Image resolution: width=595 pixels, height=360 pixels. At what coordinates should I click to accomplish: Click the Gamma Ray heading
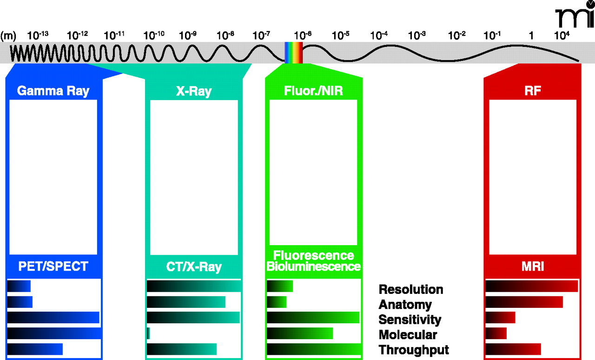[53, 90]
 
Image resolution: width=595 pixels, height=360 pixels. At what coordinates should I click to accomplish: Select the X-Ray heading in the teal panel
[193, 91]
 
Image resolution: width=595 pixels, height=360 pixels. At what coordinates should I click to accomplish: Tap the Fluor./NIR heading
[313, 90]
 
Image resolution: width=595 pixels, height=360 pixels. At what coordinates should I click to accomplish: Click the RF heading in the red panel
[532, 91]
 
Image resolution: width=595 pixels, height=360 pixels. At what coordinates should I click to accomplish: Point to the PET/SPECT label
[53, 267]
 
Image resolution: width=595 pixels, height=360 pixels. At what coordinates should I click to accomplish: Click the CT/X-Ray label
[194, 267]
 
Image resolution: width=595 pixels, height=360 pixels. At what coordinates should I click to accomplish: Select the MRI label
[532, 267]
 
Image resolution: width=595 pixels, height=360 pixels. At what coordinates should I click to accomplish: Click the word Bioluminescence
[314, 267]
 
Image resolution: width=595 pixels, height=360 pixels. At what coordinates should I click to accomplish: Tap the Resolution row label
[411, 289]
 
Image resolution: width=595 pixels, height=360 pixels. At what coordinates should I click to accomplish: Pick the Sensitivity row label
[410, 320]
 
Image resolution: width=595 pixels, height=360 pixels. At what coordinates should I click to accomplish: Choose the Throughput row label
[414, 350]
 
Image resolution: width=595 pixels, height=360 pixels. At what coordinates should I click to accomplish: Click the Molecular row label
[408, 334]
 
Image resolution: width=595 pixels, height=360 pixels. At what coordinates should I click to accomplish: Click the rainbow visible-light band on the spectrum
[294, 52]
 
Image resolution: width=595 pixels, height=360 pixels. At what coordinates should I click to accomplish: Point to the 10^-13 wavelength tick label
[38, 35]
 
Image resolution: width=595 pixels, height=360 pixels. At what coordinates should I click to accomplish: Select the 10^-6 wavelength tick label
[303, 35]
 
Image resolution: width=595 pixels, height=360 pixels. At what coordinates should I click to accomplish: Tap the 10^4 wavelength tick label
[562, 35]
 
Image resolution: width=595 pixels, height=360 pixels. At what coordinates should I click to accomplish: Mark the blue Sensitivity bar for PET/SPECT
[53, 318]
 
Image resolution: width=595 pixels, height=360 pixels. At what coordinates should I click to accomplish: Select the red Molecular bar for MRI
[496, 333]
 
